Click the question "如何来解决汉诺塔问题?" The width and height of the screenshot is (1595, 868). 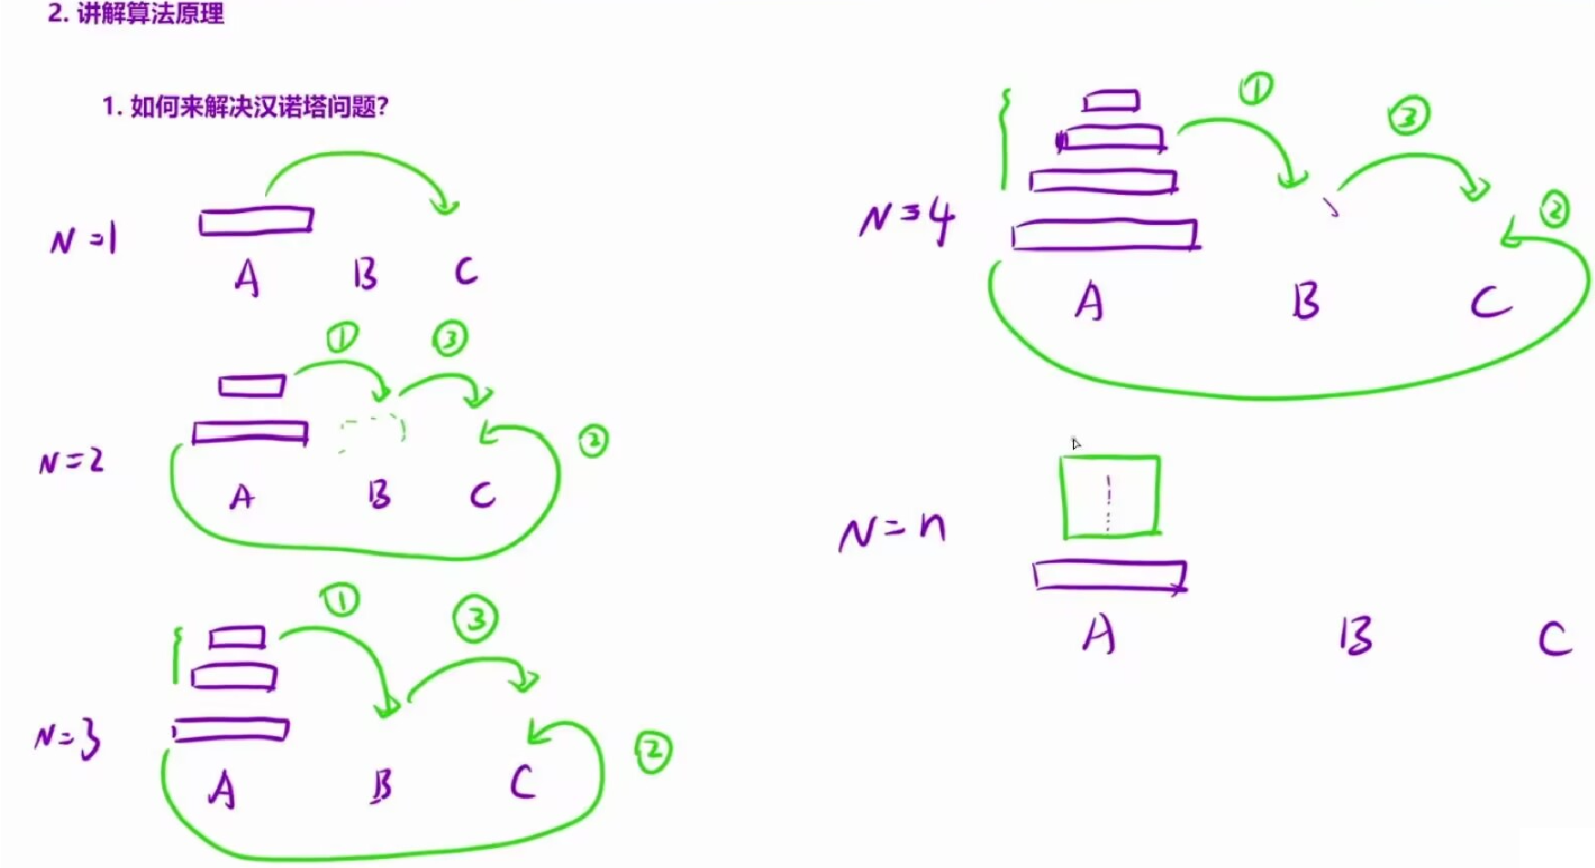(246, 107)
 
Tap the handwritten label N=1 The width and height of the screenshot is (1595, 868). (83, 240)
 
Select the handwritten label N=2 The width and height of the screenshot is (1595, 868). (71, 462)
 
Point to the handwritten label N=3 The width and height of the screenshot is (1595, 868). (67, 739)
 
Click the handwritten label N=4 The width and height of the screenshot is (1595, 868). (906, 220)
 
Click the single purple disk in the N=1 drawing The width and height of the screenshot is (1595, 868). (256, 220)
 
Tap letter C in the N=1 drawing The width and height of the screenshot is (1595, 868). (465, 271)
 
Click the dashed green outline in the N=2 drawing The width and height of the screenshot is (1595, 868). (371, 432)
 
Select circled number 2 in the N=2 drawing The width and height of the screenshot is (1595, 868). (593, 441)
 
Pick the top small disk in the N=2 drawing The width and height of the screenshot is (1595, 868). (252, 386)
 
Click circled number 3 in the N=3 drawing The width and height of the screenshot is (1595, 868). (475, 619)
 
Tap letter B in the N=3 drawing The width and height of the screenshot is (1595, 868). (382, 785)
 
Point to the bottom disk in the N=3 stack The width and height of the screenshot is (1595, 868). (230, 730)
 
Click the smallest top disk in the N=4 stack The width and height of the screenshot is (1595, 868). (1111, 100)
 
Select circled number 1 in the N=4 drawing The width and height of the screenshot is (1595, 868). (1256, 88)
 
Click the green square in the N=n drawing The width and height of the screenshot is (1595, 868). (1109, 496)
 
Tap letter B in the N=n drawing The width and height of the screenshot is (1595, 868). (1355, 636)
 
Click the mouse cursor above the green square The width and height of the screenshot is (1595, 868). (1076, 444)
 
